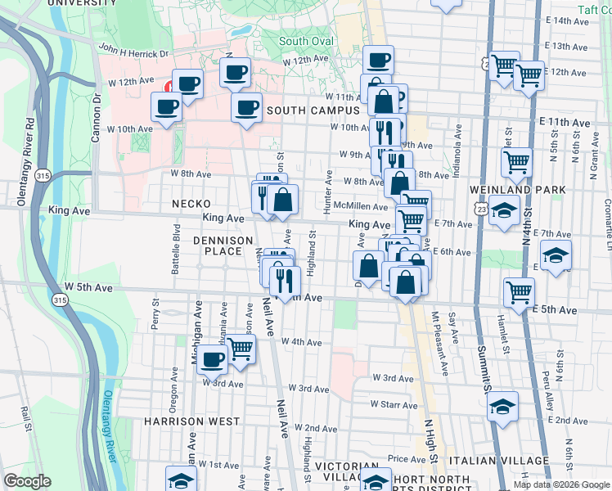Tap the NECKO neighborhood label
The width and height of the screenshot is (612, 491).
pyautogui.click(x=191, y=203)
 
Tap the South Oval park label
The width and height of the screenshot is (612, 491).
pyautogui.click(x=306, y=41)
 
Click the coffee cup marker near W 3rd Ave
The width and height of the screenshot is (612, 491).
pyautogui.click(x=214, y=358)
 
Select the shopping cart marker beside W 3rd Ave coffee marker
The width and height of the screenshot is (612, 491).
pyautogui.click(x=241, y=348)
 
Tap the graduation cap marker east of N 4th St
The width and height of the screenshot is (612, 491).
pyautogui.click(x=556, y=255)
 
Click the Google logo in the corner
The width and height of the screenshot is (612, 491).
pyautogui.click(x=27, y=480)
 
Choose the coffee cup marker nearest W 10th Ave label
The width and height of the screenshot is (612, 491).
pyautogui.click(x=167, y=106)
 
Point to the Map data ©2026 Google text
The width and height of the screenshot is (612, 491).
pyautogui.click(x=561, y=484)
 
